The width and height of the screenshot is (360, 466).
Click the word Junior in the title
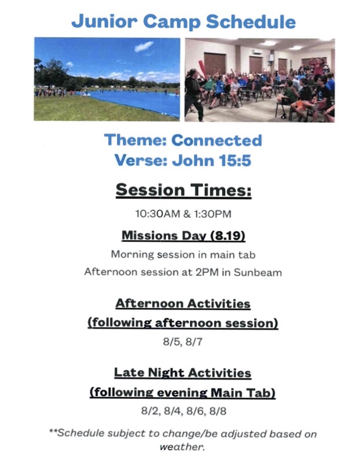(104, 21)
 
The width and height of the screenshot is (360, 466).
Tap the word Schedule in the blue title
(251, 21)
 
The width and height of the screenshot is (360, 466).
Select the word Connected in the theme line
(216, 140)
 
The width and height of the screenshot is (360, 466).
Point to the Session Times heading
(184, 189)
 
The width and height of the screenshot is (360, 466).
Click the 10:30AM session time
(158, 214)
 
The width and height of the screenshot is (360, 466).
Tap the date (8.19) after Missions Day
(228, 235)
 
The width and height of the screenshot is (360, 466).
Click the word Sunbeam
(258, 272)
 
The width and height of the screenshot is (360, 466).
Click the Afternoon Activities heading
(183, 304)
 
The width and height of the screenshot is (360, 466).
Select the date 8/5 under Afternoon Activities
(172, 342)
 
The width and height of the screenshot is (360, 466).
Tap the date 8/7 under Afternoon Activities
(194, 342)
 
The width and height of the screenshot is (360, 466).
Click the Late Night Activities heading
(183, 372)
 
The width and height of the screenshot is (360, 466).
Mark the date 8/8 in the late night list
(218, 411)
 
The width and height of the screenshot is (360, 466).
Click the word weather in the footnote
(182, 447)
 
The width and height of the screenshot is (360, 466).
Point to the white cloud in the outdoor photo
(144, 46)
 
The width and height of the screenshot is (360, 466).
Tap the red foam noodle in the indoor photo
(202, 69)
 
